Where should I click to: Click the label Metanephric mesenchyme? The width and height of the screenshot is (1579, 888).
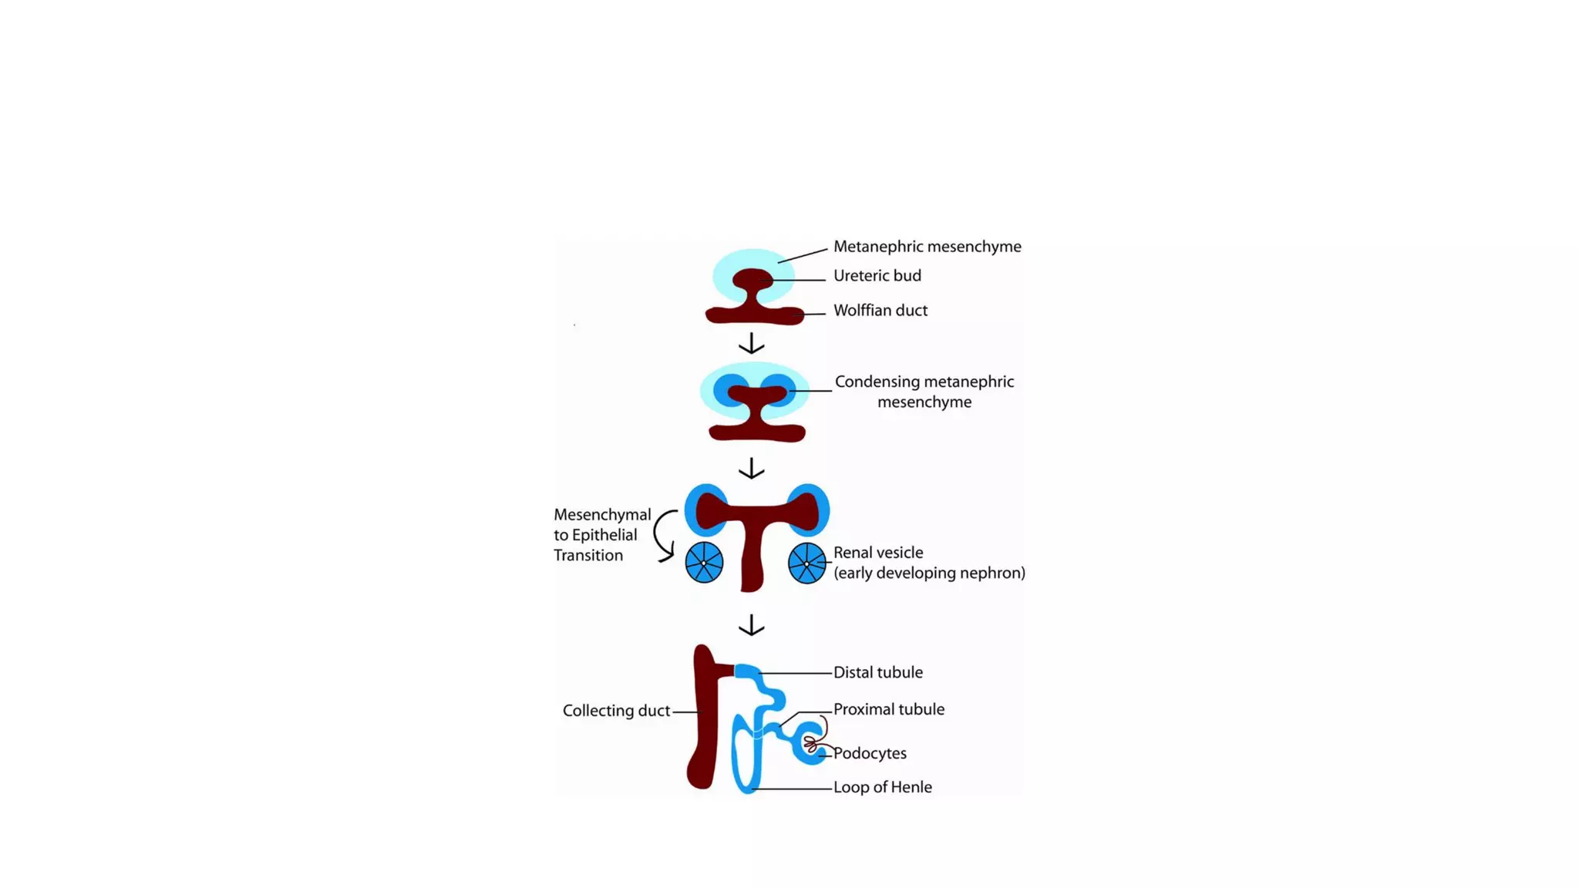tap(927, 247)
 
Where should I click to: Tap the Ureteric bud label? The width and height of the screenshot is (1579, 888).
tap(877, 276)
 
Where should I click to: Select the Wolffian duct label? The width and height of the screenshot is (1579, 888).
tap(880, 311)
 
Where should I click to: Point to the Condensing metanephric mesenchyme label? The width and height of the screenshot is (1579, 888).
tap(924, 392)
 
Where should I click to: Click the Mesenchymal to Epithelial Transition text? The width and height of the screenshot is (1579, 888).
tap(601, 535)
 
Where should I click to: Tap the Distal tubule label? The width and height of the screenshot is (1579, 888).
tap(877, 672)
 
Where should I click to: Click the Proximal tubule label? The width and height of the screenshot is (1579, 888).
tap(888, 709)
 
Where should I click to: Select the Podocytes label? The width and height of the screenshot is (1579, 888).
tap(870, 753)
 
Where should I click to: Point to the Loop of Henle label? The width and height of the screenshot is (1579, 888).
tap(882, 787)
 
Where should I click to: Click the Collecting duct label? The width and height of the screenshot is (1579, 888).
tap(615, 711)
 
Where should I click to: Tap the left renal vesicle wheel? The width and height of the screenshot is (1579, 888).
tap(704, 563)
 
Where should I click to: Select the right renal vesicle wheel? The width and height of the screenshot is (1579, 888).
tap(806, 563)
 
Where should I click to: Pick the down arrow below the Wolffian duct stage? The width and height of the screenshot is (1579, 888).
tap(751, 343)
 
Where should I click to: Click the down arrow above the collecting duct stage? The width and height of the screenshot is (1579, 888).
tap(751, 624)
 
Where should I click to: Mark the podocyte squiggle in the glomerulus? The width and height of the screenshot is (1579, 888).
tap(811, 744)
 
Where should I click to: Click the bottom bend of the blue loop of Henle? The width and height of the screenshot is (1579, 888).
tap(746, 786)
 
